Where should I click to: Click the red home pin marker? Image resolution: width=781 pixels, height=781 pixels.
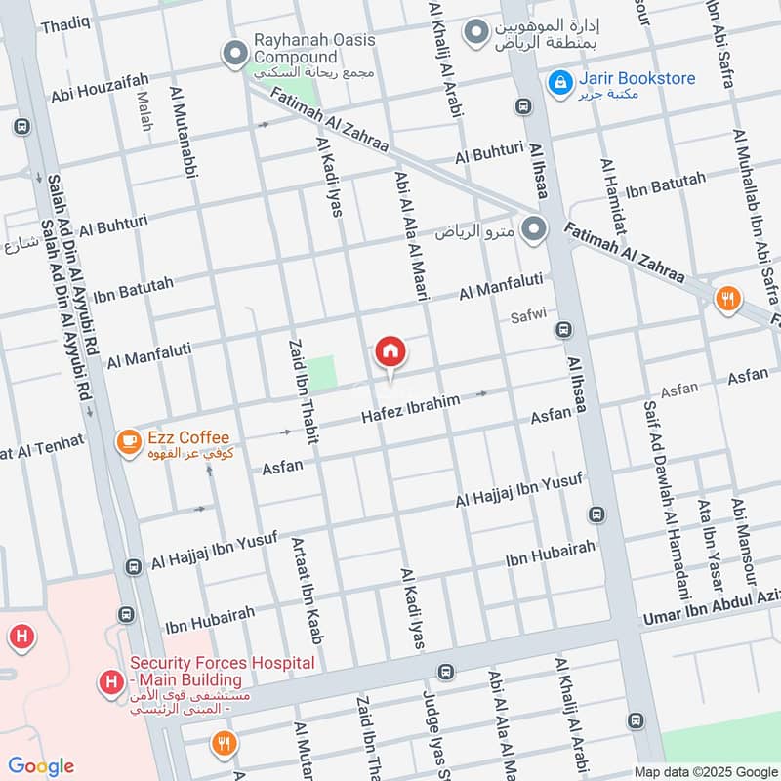click(x=390, y=351)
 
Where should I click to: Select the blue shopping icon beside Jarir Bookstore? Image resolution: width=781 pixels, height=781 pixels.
click(x=560, y=82)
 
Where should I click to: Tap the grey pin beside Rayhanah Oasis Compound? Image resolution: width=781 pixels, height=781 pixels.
click(x=234, y=54)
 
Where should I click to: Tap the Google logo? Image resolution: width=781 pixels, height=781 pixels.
click(x=40, y=766)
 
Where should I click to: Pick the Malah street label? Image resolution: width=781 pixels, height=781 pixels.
click(x=145, y=112)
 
